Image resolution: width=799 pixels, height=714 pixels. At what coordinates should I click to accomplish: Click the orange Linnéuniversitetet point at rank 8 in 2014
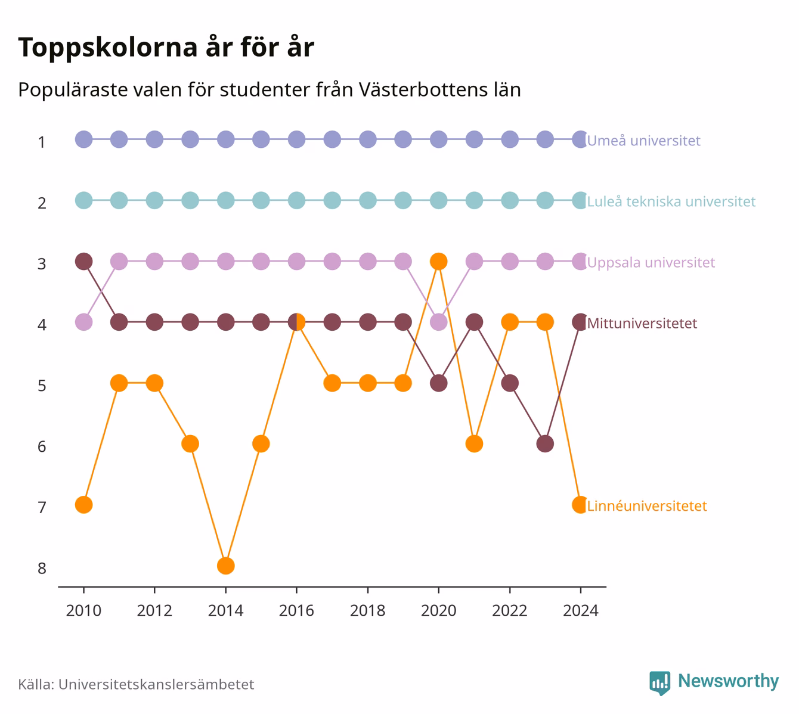click(x=225, y=566)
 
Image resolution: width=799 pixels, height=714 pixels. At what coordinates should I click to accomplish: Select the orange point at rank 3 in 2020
click(x=438, y=262)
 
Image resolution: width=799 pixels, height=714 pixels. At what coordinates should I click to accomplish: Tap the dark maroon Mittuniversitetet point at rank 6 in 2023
click(x=545, y=444)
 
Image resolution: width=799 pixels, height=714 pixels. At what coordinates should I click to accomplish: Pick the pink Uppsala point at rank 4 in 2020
click(x=438, y=322)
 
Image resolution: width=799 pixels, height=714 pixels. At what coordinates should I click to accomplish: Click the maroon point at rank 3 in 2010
click(x=83, y=262)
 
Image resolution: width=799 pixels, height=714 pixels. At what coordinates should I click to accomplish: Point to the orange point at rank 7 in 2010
click(x=83, y=505)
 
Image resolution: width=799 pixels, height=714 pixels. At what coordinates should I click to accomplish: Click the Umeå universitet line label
click(x=643, y=140)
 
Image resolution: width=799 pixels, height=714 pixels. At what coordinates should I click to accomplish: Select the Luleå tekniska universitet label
click(x=671, y=201)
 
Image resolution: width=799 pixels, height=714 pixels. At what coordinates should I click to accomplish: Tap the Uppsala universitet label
click(x=651, y=263)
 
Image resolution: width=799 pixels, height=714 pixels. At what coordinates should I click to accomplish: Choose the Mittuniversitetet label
click(x=642, y=323)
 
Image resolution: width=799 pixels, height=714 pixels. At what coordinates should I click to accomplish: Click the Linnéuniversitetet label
click(x=647, y=506)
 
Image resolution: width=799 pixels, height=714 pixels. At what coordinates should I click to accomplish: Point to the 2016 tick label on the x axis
click(x=296, y=611)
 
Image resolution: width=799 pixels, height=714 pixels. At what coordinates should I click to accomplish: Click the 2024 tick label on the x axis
click(x=581, y=611)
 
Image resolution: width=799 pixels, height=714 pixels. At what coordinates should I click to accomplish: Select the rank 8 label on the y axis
click(x=42, y=569)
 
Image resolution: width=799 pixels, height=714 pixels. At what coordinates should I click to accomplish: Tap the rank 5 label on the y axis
click(x=42, y=386)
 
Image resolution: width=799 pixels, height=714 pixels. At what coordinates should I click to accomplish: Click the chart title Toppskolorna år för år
click(x=166, y=47)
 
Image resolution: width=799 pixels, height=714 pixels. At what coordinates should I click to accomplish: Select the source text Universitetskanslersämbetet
click(x=156, y=685)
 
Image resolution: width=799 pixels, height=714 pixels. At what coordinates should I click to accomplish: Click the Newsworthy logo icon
click(x=660, y=683)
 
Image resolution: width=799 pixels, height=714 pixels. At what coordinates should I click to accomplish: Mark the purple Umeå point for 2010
click(x=83, y=139)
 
